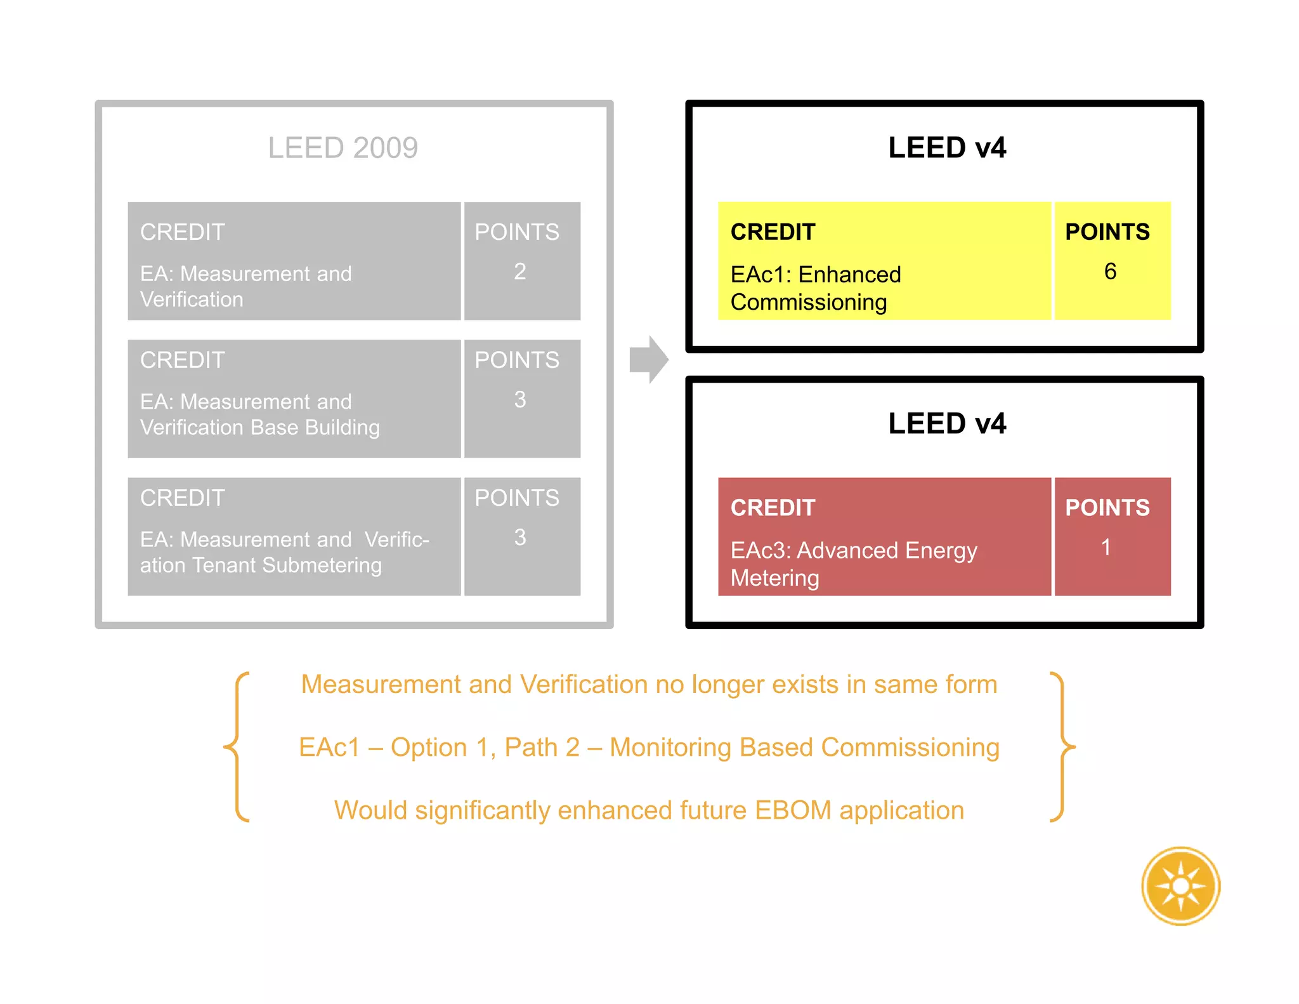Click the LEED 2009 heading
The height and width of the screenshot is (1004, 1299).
click(x=343, y=148)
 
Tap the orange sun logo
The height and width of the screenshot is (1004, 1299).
click(x=1180, y=886)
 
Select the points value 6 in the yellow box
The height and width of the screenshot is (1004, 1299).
click(x=1110, y=272)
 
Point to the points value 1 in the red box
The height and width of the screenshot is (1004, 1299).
click(x=1106, y=547)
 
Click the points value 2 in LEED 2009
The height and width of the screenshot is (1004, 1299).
click(x=519, y=272)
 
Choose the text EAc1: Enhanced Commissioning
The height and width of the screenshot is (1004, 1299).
click(x=815, y=288)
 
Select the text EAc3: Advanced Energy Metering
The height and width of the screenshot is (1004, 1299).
click(x=853, y=564)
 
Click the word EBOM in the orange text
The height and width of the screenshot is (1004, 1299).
click(x=793, y=810)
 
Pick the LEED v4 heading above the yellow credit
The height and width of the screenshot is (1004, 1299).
click(x=946, y=148)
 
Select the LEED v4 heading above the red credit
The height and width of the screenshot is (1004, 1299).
click(x=946, y=423)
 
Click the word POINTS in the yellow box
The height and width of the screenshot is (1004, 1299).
click(x=1107, y=232)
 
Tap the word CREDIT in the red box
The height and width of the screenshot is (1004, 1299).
click(x=773, y=508)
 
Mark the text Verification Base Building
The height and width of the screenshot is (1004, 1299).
click(x=259, y=428)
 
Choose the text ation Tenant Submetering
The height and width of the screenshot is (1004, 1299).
click(x=261, y=565)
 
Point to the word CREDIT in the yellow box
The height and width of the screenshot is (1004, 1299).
click(x=773, y=232)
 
